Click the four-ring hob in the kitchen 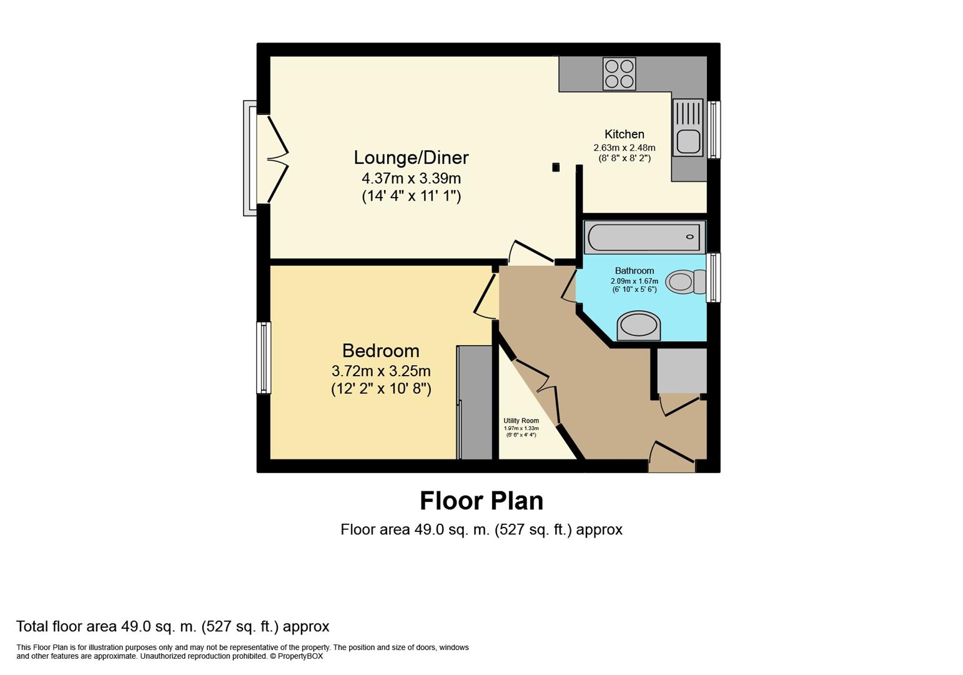(x=619, y=74)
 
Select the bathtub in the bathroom (x=644, y=237)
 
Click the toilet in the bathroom (x=685, y=282)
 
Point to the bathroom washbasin (x=638, y=326)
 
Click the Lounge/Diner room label (x=411, y=157)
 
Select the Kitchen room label (x=625, y=134)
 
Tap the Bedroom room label (x=380, y=351)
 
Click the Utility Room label (x=521, y=421)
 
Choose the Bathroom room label (x=634, y=271)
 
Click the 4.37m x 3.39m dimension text (x=411, y=177)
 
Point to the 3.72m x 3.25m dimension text (x=381, y=371)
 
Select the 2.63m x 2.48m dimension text (x=625, y=147)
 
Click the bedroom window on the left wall (x=264, y=357)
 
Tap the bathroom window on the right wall (x=714, y=277)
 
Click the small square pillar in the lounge (x=556, y=167)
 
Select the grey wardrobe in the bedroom (x=474, y=402)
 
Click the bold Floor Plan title (x=481, y=501)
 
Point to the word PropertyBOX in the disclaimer (x=300, y=656)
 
